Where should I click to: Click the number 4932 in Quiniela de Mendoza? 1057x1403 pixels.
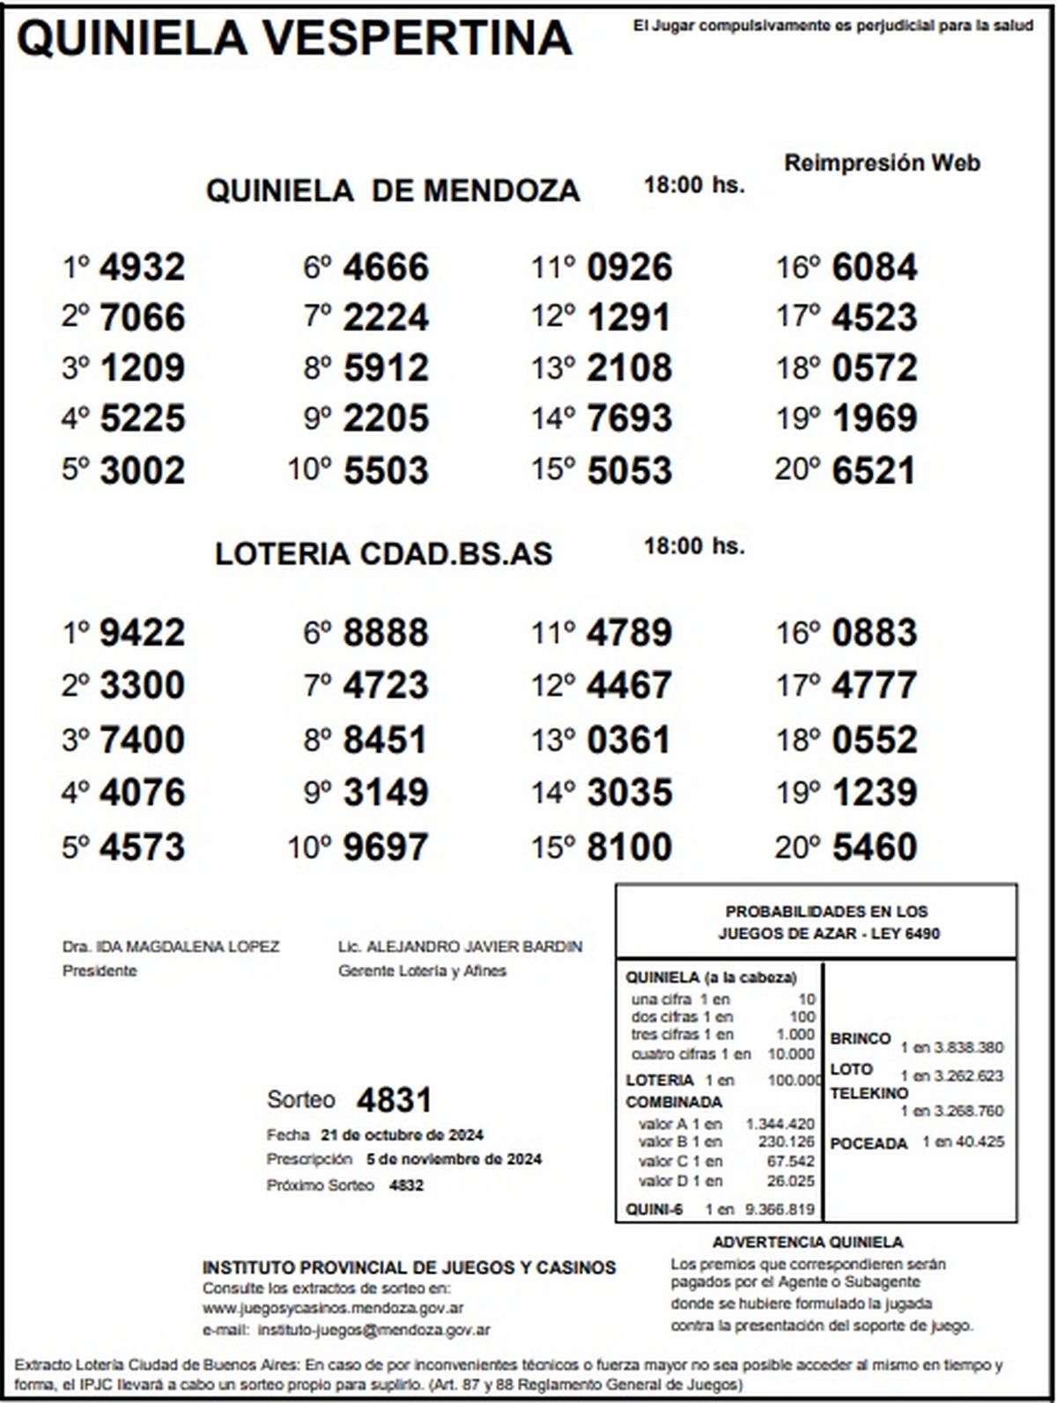point(142,268)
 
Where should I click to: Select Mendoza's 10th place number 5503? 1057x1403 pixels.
point(386,470)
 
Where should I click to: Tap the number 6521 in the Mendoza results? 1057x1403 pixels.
point(874,470)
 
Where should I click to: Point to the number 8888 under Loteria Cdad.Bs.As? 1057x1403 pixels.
point(386,633)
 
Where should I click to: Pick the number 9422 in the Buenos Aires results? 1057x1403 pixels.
point(142,633)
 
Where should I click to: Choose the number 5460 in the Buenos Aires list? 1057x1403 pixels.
point(874,847)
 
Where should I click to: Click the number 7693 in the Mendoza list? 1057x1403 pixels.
point(629,418)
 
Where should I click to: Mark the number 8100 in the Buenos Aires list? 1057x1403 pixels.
point(629,847)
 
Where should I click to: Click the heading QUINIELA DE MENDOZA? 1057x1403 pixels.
point(393,190)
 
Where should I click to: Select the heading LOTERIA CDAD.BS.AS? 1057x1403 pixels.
point(383,553)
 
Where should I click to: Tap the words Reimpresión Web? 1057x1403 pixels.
point(882,163)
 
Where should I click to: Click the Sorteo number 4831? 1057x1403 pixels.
point(394,1100)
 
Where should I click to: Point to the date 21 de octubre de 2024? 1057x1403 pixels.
point(402,1134)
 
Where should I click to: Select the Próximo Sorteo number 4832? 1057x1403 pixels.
point(406,1185)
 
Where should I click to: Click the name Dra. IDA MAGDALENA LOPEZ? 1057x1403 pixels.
point(171,947)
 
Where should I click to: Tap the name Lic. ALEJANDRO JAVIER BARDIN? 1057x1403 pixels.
point(460,947)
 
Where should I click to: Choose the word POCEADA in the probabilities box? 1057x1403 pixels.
point(869,1143)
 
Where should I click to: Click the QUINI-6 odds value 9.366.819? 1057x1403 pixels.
point(780,1209)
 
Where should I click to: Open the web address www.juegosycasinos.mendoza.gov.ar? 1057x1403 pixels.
point(333,1308)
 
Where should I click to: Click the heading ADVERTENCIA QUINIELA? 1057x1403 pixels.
point(808,1242)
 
